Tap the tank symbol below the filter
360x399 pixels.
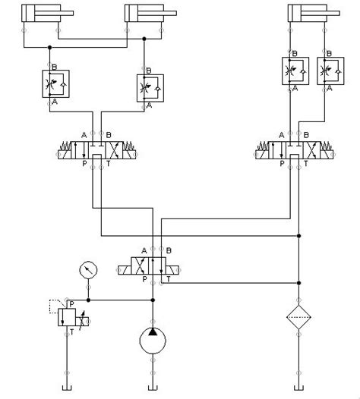point(298,388)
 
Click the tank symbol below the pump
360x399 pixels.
point(153,388)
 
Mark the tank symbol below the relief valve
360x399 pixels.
point(67,388)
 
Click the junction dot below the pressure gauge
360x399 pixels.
point(88,300)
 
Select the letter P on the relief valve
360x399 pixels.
point(71,304)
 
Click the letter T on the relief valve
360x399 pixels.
point(72,332)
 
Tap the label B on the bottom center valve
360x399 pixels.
point(169,250)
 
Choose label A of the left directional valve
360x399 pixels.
point(84,135)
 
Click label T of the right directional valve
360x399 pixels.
point(306,163)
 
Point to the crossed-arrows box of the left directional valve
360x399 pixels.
point(114,150)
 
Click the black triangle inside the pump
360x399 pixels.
point(153,331)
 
